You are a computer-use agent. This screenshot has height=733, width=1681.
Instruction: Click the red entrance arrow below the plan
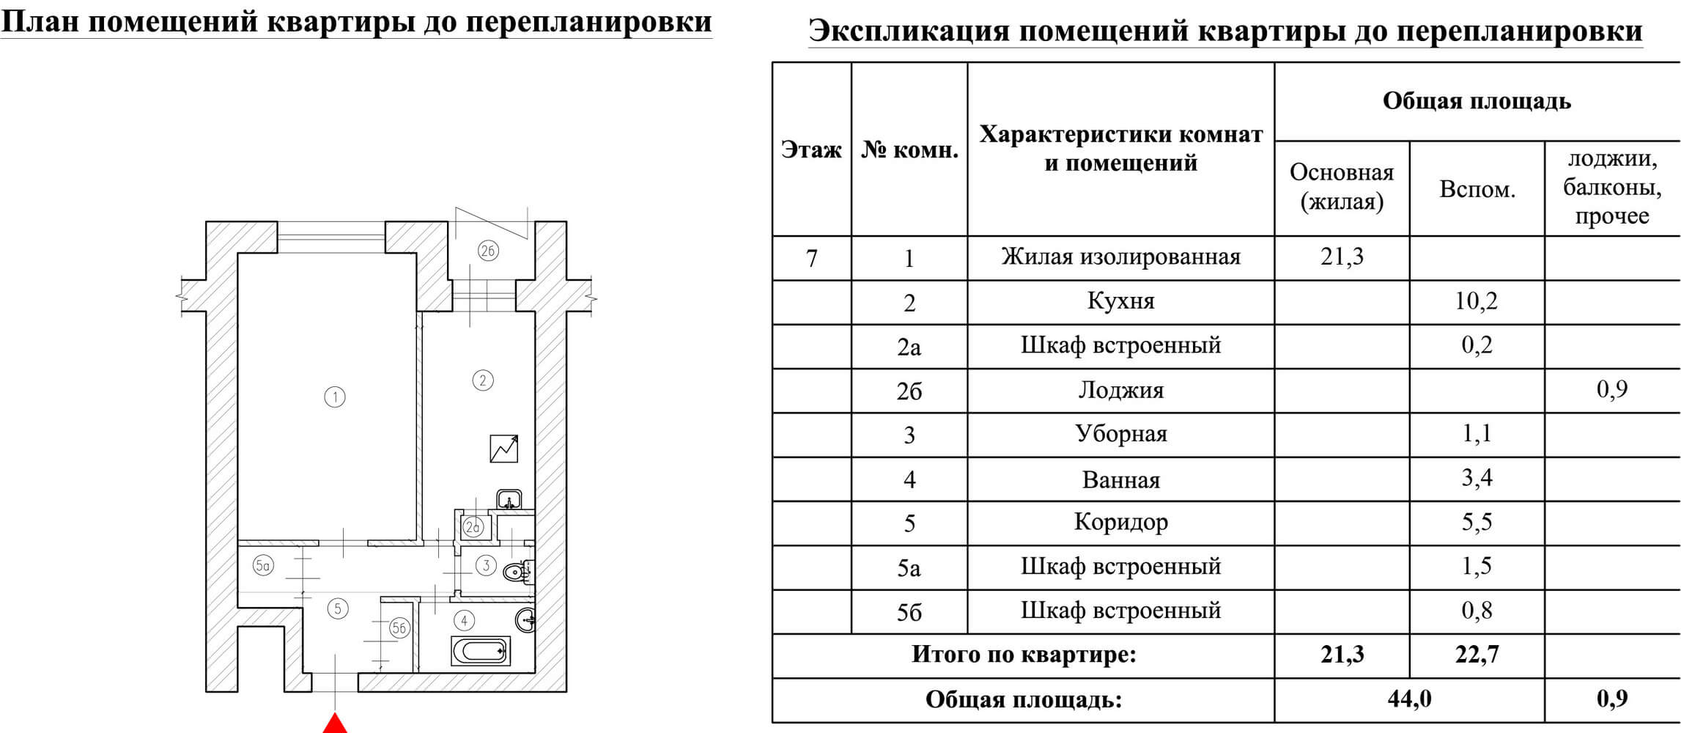tap(335, 723)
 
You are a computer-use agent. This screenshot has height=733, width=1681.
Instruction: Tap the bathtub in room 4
tap(480, 650)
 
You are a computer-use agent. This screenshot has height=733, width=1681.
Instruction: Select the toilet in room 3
tap(518, 571)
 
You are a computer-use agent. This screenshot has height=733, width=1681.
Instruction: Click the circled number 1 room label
tap(335, 397)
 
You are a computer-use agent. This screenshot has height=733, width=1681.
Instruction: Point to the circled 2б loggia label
tap(488, 251)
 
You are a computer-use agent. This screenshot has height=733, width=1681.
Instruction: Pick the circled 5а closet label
tap(263, 565)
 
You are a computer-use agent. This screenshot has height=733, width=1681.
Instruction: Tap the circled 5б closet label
tap(399, 627)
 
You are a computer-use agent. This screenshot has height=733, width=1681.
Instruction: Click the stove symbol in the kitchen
tap(503, 449)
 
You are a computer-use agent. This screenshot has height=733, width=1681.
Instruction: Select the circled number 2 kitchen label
tap(482, 380)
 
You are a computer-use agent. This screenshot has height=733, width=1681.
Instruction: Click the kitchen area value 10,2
tap(1476, 301)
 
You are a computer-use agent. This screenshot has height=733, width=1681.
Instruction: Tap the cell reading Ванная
tap(1120, 480)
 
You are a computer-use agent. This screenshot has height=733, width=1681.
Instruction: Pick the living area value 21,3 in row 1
tap(1342, 257)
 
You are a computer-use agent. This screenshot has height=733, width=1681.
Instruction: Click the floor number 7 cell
tap(811, 258)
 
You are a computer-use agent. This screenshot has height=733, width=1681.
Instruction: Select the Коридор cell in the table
tap(1120, 523)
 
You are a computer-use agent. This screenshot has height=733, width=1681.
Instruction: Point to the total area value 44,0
tap(1409, 699)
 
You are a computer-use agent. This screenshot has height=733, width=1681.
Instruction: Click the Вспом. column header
tap(1477, 189)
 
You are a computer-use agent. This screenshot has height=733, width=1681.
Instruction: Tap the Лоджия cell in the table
tap(1120, 390)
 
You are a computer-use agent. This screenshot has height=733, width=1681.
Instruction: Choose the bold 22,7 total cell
tap(1477, 655)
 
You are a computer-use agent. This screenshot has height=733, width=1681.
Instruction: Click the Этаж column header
tap(811, 150)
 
